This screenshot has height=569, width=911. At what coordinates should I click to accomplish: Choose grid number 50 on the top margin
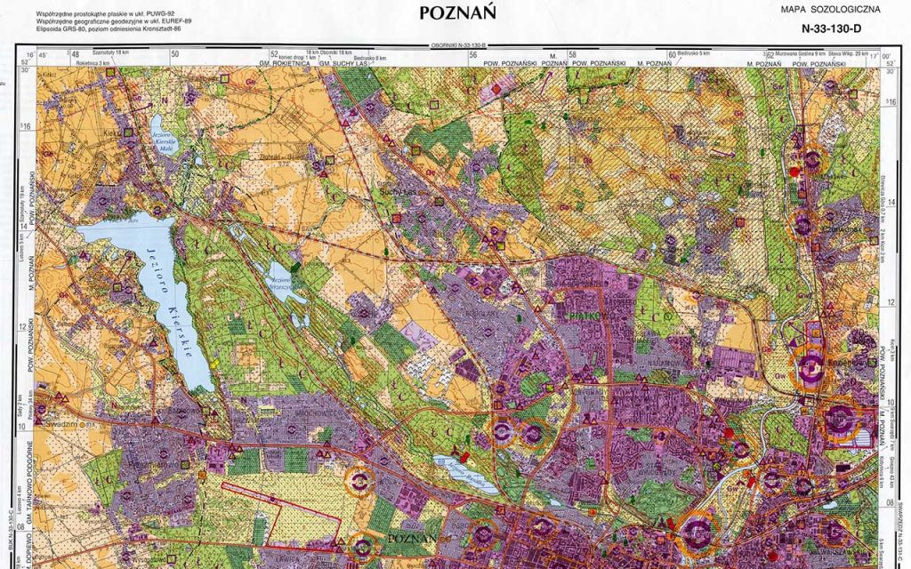[175, 55]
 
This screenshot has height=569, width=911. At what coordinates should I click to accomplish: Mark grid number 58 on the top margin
[572, 55]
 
